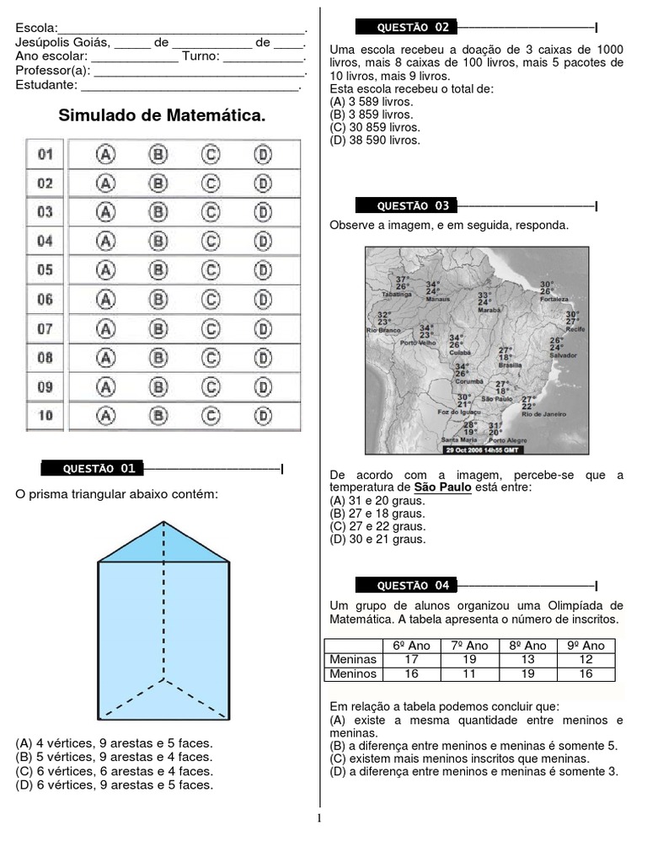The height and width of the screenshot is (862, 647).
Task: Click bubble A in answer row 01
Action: (x=106, y=154)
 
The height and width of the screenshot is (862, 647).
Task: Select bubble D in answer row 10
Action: (x=264, y=414)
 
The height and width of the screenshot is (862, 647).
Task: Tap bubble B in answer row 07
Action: (x=158, y=328)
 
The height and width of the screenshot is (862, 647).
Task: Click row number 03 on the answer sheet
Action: (x=45, y=212)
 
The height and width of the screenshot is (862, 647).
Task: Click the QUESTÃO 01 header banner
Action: (x=92, y=468)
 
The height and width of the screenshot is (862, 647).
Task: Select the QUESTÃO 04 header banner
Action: (x=405, y=585)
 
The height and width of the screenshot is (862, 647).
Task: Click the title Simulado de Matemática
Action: (x=162, y=115)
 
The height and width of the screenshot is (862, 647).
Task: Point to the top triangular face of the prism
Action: (x=164, y=543)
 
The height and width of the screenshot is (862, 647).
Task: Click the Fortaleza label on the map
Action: (x=555, y=298)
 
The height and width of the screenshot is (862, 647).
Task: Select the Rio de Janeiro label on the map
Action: (x=543, y=414)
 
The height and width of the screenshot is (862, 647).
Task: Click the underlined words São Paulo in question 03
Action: (x=442, y=487)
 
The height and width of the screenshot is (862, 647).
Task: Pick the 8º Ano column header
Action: (x=528, y=645)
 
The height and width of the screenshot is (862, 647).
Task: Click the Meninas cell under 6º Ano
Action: (x=412, y=659)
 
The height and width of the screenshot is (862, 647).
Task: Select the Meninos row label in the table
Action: (x=353, y=673)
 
